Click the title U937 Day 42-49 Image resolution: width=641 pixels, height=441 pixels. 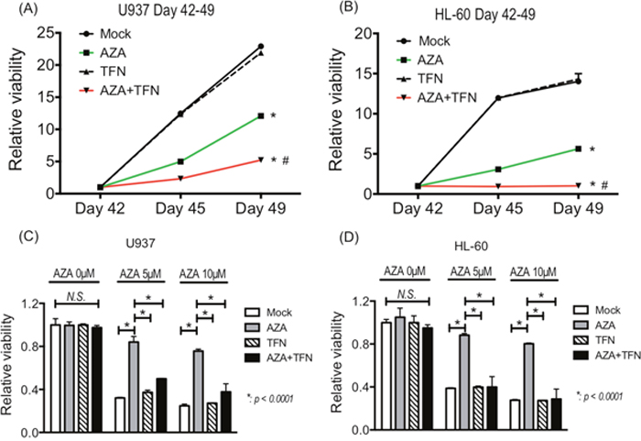tap(156, 12)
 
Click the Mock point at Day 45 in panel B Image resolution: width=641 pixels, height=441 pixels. tap(498, 98)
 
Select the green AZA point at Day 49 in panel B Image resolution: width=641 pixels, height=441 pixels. tap(578, 149)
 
